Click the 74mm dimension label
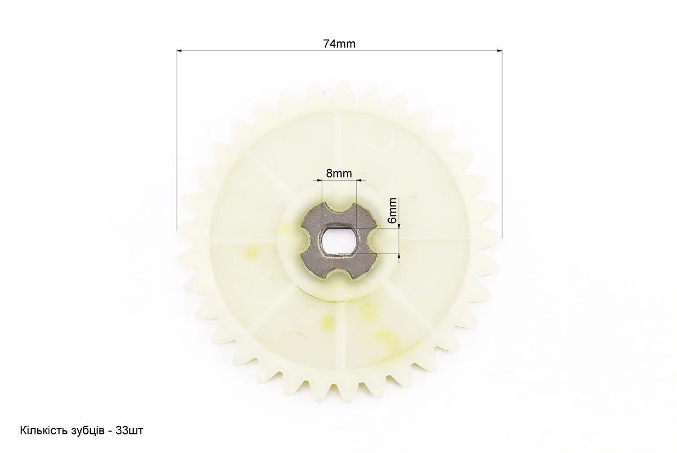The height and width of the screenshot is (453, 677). tap(339, 44)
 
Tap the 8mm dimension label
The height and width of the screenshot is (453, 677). tap(339, 173)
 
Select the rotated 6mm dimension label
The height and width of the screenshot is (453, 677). tap(392, 210)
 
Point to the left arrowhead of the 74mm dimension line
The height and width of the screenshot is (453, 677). tap(179, 50)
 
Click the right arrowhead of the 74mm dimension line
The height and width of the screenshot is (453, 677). tap(500, 50)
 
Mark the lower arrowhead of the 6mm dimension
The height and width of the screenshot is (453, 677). tap(399, 257)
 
